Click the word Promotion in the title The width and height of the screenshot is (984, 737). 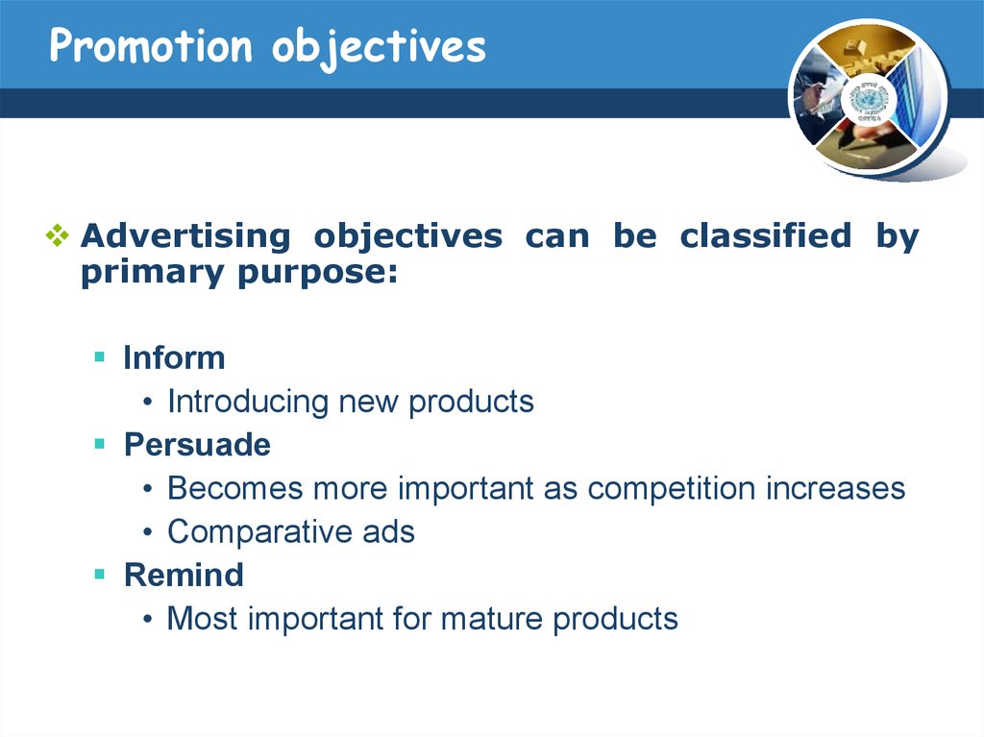click(151, 46)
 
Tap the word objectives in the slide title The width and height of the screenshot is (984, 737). click(379, 49)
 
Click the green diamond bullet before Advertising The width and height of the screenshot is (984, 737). click(57, 235)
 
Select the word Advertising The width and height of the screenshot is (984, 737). click(185, 236)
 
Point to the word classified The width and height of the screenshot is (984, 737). click(766, 235)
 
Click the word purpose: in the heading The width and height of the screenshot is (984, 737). click(317, 274)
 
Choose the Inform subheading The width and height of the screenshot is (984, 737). click(174, 357)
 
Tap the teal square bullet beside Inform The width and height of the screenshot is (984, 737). click(99, 357)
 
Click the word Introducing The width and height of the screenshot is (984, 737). click(248, 402)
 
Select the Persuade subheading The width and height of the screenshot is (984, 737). click(197, 445)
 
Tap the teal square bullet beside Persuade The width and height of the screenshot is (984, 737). click(99, 444)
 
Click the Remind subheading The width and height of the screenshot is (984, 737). click(184, 575)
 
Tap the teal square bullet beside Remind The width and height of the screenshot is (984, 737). click(99, 574)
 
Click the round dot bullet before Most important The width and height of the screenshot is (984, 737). click(147, 619)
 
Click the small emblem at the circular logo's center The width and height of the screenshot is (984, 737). click(869, 101)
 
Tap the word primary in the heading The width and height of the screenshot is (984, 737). click(153, 274)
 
